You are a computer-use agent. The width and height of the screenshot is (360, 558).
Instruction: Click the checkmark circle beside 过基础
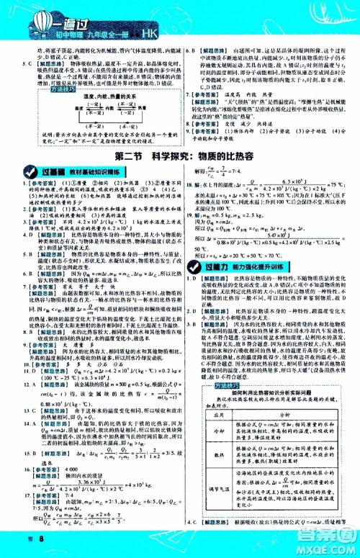[x=14, y=171]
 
